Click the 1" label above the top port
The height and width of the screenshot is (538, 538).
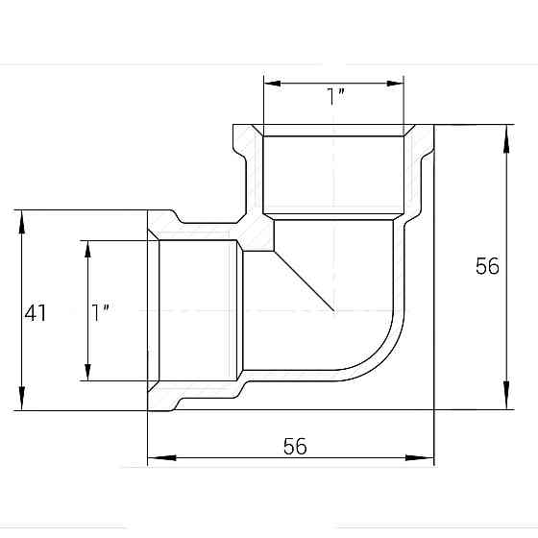pos(336,96)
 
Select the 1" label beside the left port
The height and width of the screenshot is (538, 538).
pos(101,311)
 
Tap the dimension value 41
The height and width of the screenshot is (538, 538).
pos(37,312)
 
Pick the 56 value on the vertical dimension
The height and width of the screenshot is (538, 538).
pos(487,266)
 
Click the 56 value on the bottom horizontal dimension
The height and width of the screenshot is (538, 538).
pos(295,447)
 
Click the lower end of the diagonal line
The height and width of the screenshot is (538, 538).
pos(332,310)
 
